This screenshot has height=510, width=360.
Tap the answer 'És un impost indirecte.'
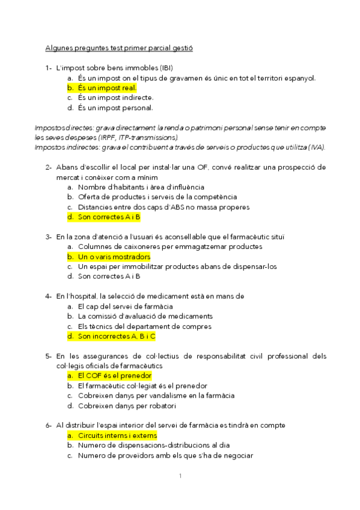tap(115, 98)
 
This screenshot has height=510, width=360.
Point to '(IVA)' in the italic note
tap(316, 147)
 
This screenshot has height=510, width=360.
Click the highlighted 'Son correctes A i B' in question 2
tap(109, 217)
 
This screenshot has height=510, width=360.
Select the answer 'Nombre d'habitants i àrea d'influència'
tap(141, 187)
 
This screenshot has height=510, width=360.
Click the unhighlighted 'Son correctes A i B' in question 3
tap(109, 277)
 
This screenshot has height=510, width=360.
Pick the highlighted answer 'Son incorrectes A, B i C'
tap(117, 336)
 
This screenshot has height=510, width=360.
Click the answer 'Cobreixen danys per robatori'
tap(125, 405)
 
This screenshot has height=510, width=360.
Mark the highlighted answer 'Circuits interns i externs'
tap(117, 435)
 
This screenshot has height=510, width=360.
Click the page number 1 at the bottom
tap(180, 477)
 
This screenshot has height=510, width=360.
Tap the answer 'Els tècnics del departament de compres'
tap(144, 327)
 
